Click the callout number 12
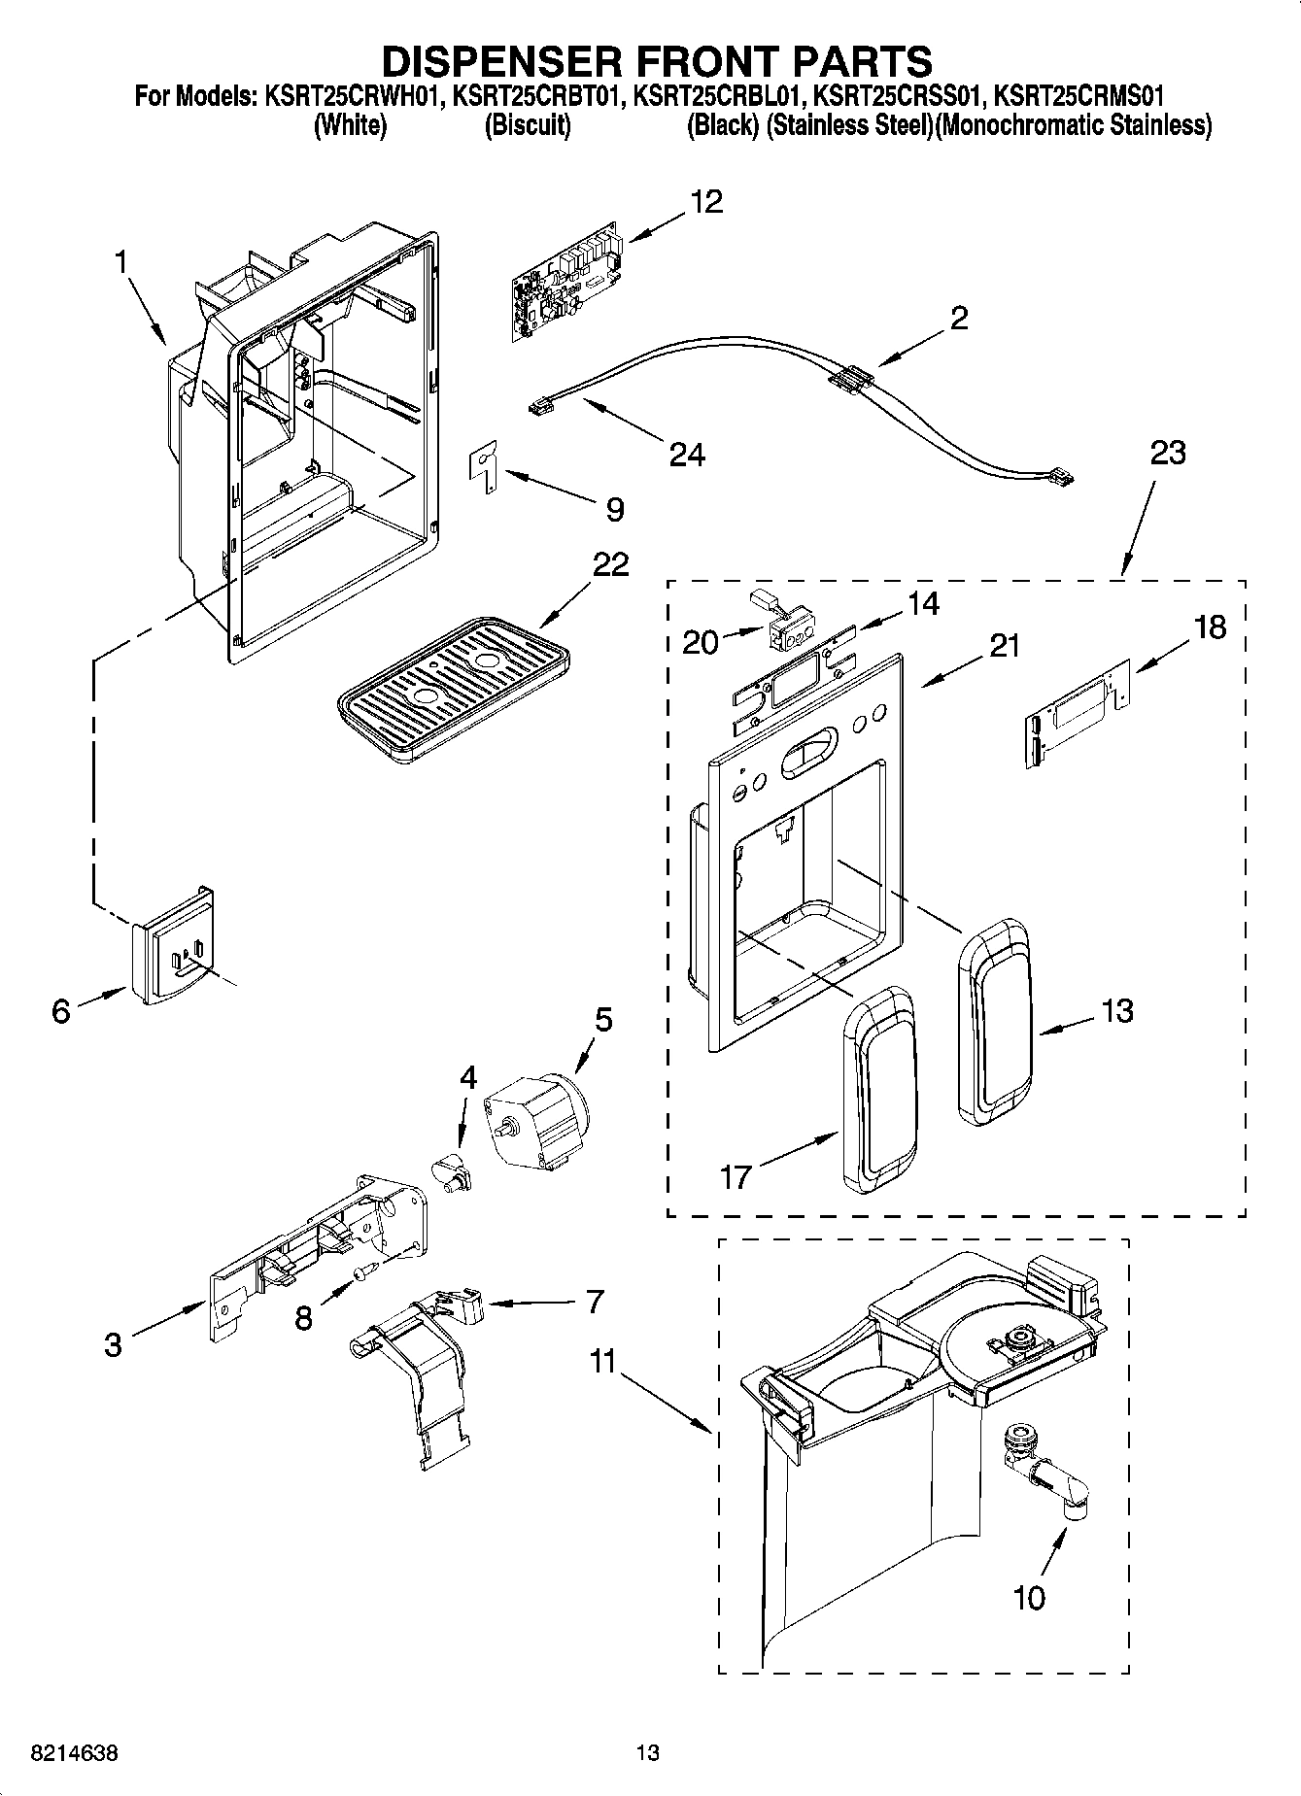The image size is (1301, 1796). [706, 202]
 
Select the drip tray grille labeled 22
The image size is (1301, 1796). [452, 695]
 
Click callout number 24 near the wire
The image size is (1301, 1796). [687, 454]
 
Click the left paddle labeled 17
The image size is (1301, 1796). [879, 1091]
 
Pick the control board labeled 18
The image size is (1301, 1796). [1078, 712]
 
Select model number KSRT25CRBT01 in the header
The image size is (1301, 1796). [534, 95]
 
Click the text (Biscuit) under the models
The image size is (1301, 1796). [527, 125]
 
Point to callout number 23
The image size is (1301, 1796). [1167, 453]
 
